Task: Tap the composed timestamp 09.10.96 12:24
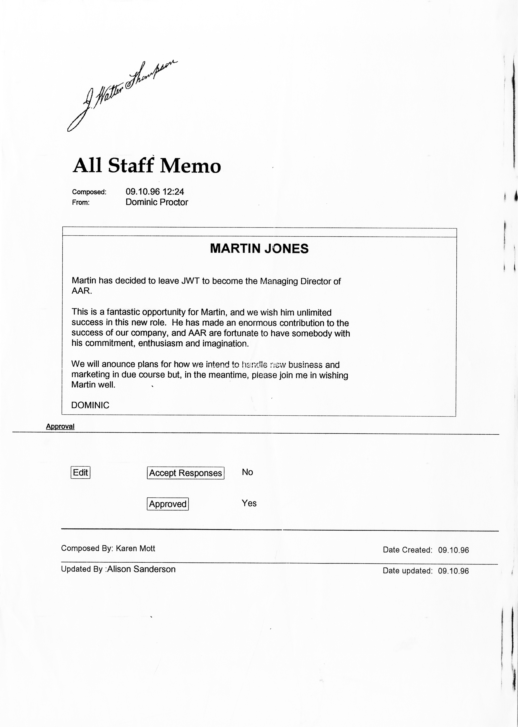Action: tap(155, 191)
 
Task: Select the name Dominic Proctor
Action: tap(157, 202)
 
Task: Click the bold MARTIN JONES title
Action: tap(259, 249)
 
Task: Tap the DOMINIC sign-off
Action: tap(90, 405)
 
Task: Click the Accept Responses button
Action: tap(185, 473)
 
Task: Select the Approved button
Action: tap(167, 504)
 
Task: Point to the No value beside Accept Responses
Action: tap(247, 472)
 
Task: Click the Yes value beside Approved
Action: tap(249, 503)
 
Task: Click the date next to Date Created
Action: tap(453, 550)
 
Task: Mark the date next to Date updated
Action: tap(453, 571)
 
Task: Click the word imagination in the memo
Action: tap(225, 343)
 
